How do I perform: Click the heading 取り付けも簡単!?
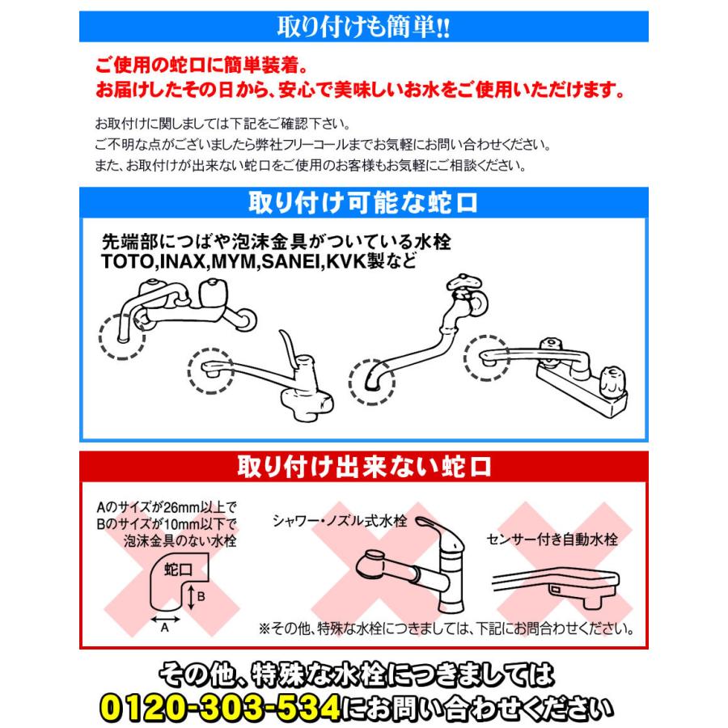click(363, 27)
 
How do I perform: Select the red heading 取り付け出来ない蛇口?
click(364, 467)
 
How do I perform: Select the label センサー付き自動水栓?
click(552, 540)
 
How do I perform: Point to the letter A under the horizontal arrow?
click(165, 628)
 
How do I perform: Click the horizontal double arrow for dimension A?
click(165, 616)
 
